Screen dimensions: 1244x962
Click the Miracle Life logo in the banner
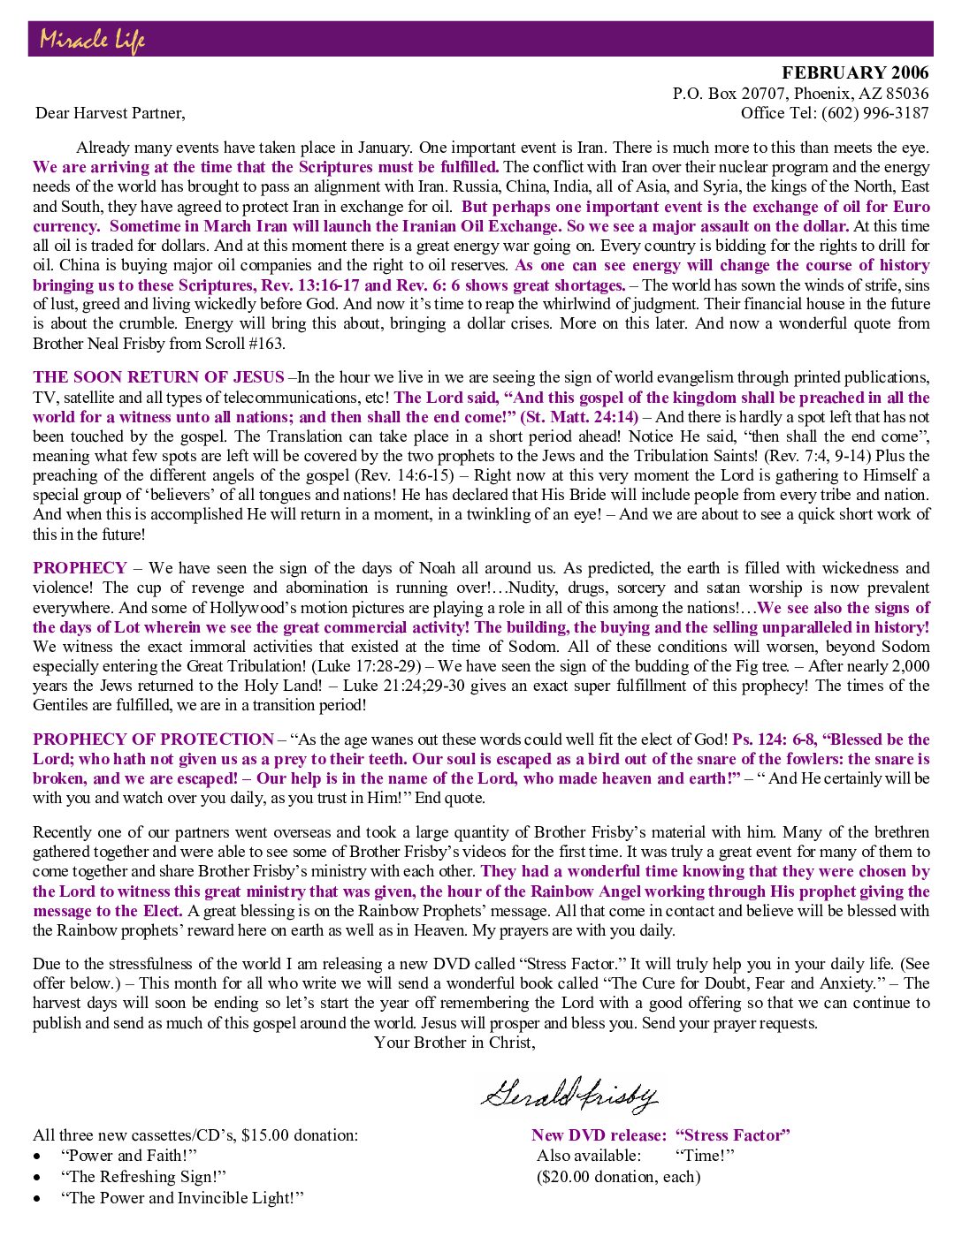pos(92,40)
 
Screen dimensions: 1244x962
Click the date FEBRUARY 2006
pos(855,72)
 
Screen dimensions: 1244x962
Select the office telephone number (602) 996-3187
pos(874,112)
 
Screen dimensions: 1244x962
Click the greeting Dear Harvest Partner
pos(111,112)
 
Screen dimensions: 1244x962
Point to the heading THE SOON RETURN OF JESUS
pos(159,377)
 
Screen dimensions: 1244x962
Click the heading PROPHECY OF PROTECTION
pos(154,740)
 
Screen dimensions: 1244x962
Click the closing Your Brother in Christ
pos(454,1043)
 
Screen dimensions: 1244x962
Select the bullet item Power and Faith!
pos(128,1156)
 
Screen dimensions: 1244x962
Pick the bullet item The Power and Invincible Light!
pos(182,1198)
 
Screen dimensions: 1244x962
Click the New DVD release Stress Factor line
pos(660,1135)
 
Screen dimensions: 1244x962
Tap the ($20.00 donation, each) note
pos(618,1177)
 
